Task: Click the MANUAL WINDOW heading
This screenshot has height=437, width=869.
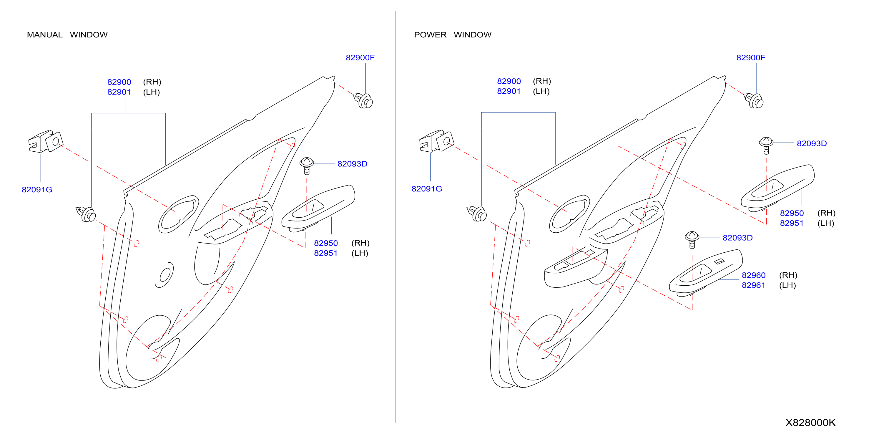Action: [x=67, y=35]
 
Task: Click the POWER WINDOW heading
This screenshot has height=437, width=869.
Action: [x=453, y=35]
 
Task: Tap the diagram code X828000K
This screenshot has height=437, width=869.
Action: [x=810, y=423]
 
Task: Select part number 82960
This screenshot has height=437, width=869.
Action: [x=754, y=275]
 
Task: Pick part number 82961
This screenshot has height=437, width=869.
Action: [x=753, y=285]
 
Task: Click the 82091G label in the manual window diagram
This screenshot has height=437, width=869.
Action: [x=37, y=190]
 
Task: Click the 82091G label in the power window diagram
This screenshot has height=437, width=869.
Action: [x=427, y=189]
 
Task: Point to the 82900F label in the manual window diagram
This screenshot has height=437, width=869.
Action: [x=360, y=58]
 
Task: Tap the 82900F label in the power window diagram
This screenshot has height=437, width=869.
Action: [x=751, y=58]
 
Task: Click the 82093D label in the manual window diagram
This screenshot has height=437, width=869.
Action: [x=352, y=164]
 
